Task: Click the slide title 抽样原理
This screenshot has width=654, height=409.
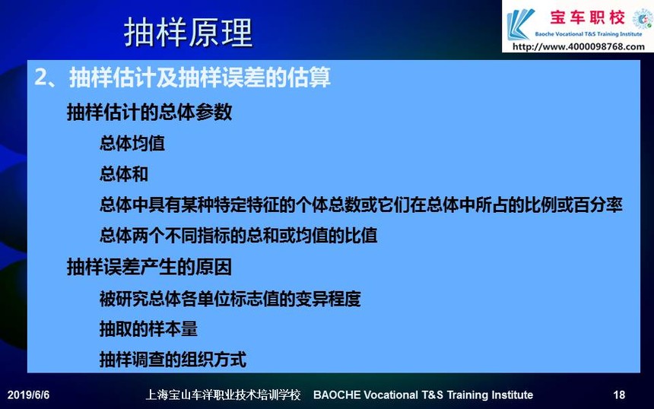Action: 188,32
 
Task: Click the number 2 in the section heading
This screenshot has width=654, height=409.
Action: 40,77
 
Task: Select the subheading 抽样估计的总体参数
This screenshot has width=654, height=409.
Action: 149,112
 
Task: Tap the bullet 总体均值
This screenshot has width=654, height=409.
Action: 132,143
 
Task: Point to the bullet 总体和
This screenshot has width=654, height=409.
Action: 124,174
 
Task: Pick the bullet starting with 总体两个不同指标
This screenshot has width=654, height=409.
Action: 239,236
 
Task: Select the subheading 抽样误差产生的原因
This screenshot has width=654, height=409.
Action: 149,267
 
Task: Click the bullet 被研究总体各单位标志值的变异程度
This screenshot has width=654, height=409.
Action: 230,299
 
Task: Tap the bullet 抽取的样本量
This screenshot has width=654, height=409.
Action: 148,329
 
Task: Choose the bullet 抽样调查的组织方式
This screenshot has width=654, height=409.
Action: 173,360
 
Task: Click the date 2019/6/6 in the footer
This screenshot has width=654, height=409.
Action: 28,395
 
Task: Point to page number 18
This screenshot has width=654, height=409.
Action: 619,395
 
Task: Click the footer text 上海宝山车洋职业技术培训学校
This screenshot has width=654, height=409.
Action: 223,395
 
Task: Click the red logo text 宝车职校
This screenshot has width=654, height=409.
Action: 587,17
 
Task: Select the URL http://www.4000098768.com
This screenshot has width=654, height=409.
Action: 579,46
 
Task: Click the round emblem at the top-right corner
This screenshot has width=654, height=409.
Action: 643,19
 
